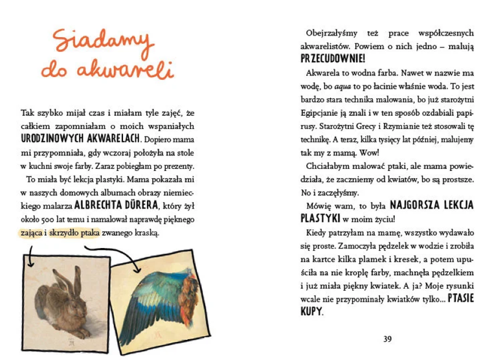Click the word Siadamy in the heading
click(x=104, y=41)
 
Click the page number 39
click(x=388, y=339)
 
